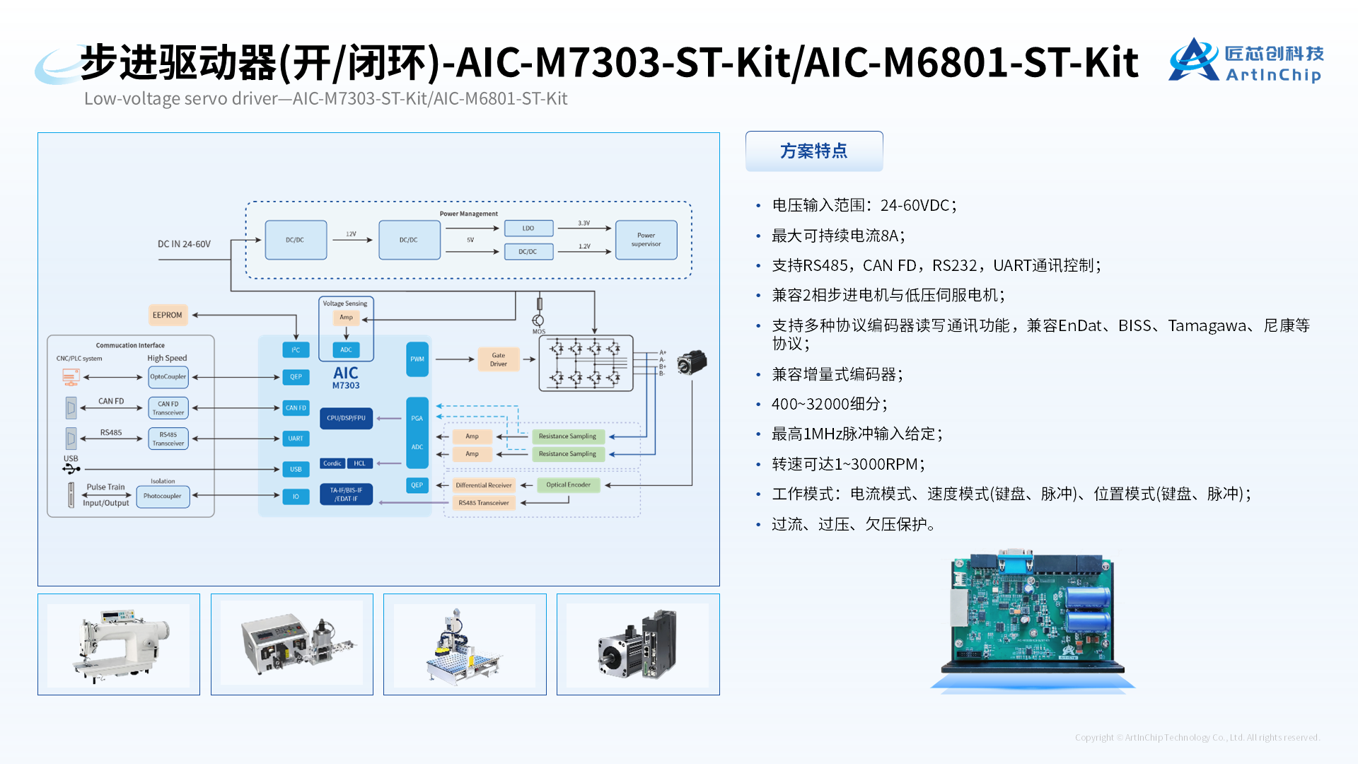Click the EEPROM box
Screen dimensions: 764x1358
(168, 316)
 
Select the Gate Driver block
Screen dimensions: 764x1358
(499, 360)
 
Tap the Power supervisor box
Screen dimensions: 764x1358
(646, 240)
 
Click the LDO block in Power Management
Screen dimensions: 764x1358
(528, 228)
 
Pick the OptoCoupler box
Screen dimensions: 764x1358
(168, 377)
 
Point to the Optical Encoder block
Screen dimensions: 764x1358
(568, 485)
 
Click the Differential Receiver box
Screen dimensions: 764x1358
(483, 485)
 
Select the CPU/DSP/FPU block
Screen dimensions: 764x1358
(346, 418)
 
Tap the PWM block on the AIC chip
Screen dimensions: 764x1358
(417, 359)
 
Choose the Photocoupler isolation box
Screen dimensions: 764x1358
(163, 496)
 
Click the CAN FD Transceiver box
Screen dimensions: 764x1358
(168, 408)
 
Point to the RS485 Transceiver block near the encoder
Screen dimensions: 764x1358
(483, 503)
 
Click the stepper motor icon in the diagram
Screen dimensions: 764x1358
(692, 362)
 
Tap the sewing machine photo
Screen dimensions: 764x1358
(119, 644)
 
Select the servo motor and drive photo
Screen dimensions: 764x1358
(638, 644)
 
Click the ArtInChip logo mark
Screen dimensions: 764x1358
(1193, 60)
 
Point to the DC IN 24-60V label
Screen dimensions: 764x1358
(184, 244)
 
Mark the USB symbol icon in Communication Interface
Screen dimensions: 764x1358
(71, 468)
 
